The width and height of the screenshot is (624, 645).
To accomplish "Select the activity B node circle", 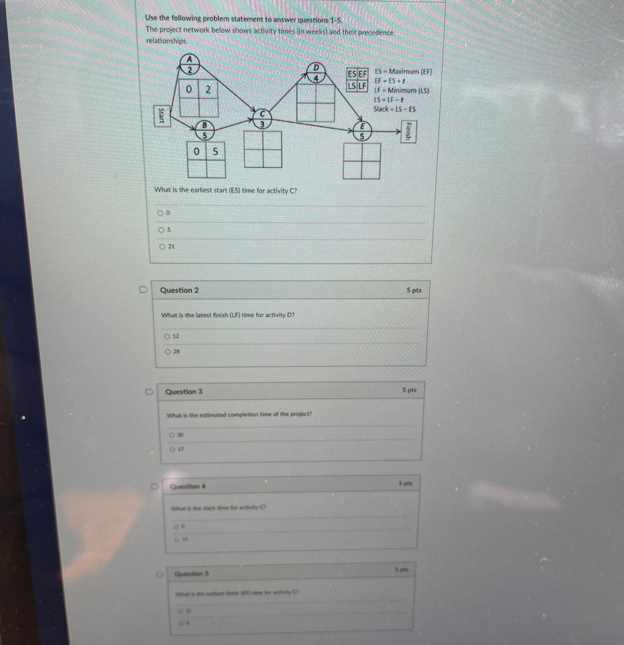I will point(204,130).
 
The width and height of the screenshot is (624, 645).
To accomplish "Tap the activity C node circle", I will point(262,119).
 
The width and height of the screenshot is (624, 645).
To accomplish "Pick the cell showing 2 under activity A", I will point(208,89).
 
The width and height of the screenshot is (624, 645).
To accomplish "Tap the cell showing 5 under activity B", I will point(215,151).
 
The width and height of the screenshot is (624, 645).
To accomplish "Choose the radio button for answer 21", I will point(162,246).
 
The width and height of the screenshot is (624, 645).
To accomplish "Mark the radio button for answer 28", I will point(168,352).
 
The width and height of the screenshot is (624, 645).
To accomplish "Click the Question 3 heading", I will point(184,392).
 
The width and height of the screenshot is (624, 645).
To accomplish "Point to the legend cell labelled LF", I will point(362,86).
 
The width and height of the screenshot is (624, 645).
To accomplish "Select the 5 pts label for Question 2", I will point(414,290).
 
